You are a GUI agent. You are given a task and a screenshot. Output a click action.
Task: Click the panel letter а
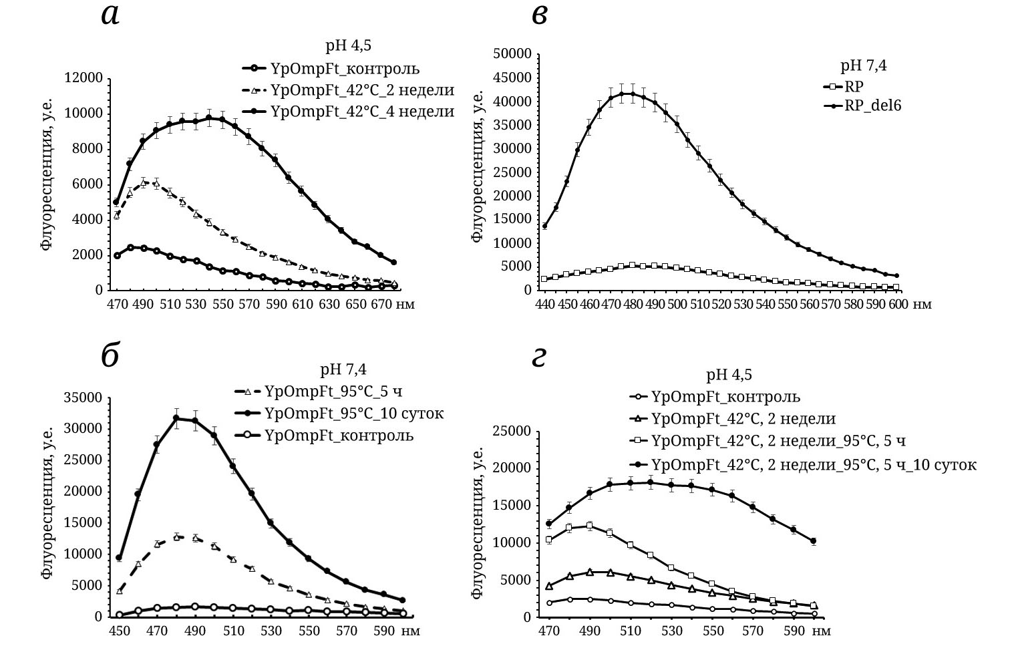point(110,15)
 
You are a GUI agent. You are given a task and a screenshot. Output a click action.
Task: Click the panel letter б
point(110,357)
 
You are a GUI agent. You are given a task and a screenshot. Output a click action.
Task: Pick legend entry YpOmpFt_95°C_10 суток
point(354,413)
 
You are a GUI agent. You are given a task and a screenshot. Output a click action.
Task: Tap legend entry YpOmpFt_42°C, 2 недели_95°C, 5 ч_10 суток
point(814,464)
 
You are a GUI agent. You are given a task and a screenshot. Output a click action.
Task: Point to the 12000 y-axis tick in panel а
point(84,78)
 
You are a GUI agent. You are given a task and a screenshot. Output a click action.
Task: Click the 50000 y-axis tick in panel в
point(512,54)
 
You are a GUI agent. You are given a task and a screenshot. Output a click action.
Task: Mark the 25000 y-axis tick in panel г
point(512,431)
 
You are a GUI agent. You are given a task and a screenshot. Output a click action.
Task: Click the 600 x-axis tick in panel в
point(896,305)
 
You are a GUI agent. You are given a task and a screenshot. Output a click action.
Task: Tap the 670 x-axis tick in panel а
point(382,305)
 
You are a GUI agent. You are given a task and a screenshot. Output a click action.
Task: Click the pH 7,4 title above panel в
point(863,65)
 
